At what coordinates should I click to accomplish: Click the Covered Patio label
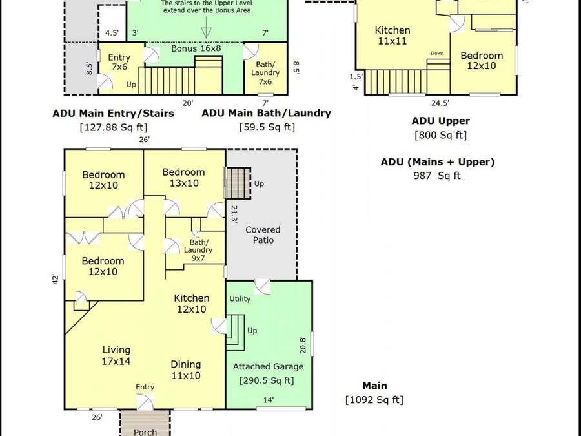point(263,234)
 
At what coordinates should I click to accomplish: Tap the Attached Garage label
point(268,367)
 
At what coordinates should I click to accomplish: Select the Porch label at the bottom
point(145,432)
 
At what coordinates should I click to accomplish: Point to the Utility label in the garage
point(240,298)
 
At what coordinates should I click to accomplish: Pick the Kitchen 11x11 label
point(392,36)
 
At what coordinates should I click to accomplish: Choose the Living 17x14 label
point(116,355)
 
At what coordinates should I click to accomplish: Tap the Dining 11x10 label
point(186,369)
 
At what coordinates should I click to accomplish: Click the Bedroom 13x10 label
point(184,177)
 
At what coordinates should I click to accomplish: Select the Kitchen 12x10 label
point(192,304)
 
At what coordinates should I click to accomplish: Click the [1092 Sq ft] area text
point(374,400)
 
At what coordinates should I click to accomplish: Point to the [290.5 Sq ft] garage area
point(267,380)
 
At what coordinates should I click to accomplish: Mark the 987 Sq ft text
point(437,175)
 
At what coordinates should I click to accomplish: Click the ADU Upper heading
point(440,121)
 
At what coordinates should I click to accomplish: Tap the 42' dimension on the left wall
point(56,279)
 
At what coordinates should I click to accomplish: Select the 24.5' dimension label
point(440,103)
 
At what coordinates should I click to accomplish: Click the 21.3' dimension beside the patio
point(234,214)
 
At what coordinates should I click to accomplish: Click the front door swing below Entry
point(145,402)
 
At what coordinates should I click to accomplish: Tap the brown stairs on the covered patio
point(238,183)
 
